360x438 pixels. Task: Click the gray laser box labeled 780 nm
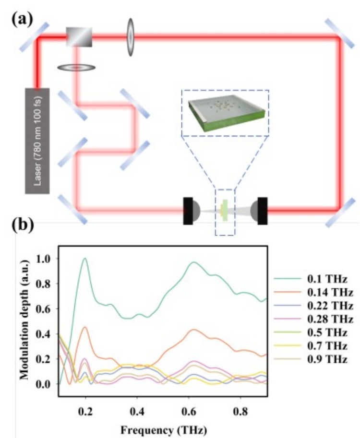[37, 141]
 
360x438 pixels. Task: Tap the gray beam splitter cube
[79, 36]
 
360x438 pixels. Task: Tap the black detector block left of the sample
[188, 210]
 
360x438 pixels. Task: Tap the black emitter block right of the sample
[262, 210]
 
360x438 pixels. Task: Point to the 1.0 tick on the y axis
[48, 259]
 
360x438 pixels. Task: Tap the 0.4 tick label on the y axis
[48, 334]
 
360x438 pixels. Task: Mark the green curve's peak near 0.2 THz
[85, 259]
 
